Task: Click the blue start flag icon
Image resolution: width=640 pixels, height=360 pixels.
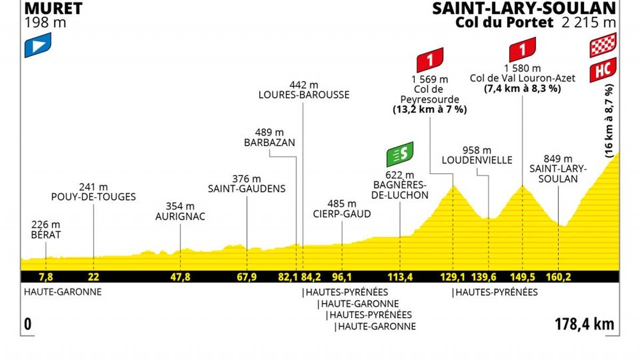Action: [38, 45]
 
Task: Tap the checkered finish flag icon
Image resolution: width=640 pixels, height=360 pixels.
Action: [603, 45]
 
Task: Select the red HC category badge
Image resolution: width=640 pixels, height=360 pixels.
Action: [603, 70]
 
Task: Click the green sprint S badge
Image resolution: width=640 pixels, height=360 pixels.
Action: [401, 154]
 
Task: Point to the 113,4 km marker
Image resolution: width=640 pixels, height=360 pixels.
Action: [400, 277]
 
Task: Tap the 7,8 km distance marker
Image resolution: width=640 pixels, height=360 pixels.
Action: [46, 277]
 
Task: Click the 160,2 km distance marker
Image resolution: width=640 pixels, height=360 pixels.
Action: [558, 277]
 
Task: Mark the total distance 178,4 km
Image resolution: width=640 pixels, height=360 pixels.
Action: [585, 324]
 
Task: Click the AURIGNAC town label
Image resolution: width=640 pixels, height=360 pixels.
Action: [180, 217]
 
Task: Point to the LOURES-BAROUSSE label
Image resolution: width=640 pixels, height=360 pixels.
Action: [303, 95]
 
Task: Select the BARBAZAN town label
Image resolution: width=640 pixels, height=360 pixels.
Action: [269, 143]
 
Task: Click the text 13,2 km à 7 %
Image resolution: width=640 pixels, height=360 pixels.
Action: [426, 110]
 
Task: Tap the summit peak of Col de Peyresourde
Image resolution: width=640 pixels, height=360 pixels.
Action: [454, 186]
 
